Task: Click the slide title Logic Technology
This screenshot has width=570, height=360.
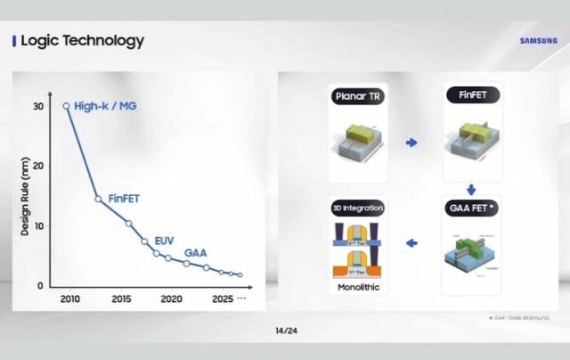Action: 81,41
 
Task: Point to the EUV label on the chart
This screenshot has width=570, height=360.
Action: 164,241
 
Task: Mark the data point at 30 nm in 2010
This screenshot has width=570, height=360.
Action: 66,106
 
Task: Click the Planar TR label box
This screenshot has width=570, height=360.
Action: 357,94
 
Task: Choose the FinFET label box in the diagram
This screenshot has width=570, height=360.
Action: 470,94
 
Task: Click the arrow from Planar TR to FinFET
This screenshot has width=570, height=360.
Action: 412,142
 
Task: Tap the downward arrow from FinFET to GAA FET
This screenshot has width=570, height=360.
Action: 471,189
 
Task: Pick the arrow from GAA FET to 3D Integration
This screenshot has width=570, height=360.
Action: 412,242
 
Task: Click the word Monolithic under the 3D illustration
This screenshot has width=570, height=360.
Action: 357,290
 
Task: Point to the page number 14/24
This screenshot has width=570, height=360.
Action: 285,331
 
